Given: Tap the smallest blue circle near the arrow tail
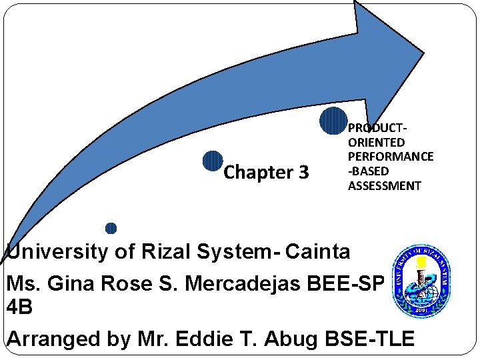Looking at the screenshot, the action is click(111, 228).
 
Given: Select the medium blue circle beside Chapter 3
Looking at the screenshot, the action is click(212, 161).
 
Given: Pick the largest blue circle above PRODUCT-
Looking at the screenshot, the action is click(333, 121).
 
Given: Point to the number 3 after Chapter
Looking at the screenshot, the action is click(303, 173).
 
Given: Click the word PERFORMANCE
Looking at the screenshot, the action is click(391, 157).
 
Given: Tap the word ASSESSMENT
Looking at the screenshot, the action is click(385, 185).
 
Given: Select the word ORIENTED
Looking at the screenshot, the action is click(376, 142).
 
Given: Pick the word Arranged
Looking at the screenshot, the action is click(53, 339).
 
